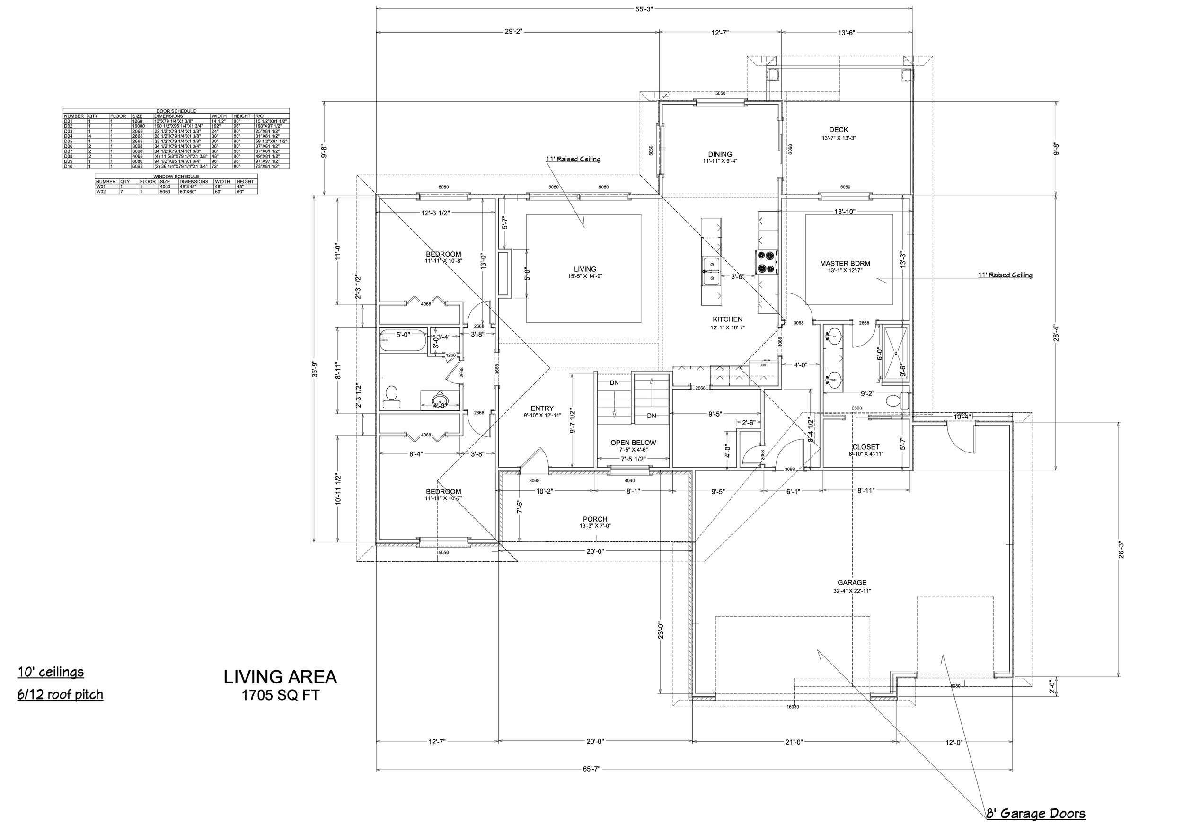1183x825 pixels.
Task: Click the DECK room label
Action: tap(839, 130)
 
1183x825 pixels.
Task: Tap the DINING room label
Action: tap(719, 154)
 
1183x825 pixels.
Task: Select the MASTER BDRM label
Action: tap(845, 263)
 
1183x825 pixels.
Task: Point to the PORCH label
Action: tap(595, 519)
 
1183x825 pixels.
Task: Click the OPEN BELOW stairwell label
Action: tap(633, 443)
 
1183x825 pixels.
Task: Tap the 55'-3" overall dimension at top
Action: tap(644, 9)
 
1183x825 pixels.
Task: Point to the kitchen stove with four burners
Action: tap(767, 261)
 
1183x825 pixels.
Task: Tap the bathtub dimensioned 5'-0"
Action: tap(402, 341)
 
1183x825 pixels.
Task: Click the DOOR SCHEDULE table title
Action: tap(176, 111)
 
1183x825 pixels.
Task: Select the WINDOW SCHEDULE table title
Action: tap(176, 176)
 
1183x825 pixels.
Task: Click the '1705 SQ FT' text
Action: tap(280, 696)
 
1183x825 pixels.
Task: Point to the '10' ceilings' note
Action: tap(51, 672)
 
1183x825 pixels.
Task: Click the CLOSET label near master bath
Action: tap(865, 447)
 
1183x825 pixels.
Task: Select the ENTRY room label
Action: tap(542, 408)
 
